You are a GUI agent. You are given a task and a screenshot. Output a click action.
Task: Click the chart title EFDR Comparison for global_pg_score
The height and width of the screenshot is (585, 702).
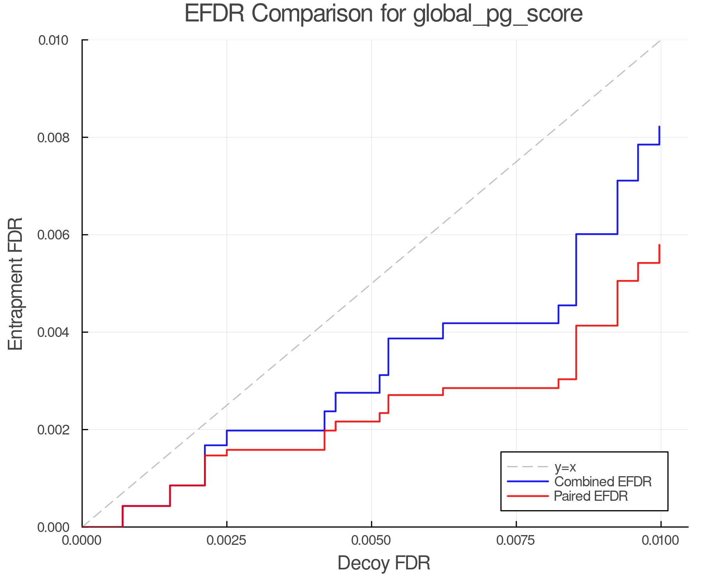click(x=383, y=14)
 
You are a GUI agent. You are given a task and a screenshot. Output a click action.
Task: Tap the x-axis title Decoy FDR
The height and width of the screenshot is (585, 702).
click(x=384, y=563)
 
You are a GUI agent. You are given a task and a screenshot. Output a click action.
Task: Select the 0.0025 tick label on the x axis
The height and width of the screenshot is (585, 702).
click(x=226, y=541)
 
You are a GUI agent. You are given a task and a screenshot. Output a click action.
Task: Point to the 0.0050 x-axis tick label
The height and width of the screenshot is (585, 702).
click(x=371, y=541)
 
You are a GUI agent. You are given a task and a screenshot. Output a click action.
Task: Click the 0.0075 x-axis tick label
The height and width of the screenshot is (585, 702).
click(x=516, y=541)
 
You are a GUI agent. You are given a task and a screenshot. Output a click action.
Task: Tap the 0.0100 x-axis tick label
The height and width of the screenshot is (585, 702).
click(x=660, y=541)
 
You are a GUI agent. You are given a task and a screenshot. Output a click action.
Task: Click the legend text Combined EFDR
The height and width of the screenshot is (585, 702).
click(x=603, y=482)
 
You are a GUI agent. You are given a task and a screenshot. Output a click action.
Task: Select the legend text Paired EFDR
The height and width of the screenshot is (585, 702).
click(x=591, y=496)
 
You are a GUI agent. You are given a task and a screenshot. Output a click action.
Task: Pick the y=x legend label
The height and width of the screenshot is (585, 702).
click(x=565, y=467)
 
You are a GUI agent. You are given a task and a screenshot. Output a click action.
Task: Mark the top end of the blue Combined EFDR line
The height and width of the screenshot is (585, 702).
click(x=659, y=127)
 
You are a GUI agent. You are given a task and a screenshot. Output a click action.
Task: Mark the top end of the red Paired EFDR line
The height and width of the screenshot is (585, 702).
click(x=659, y=245)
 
